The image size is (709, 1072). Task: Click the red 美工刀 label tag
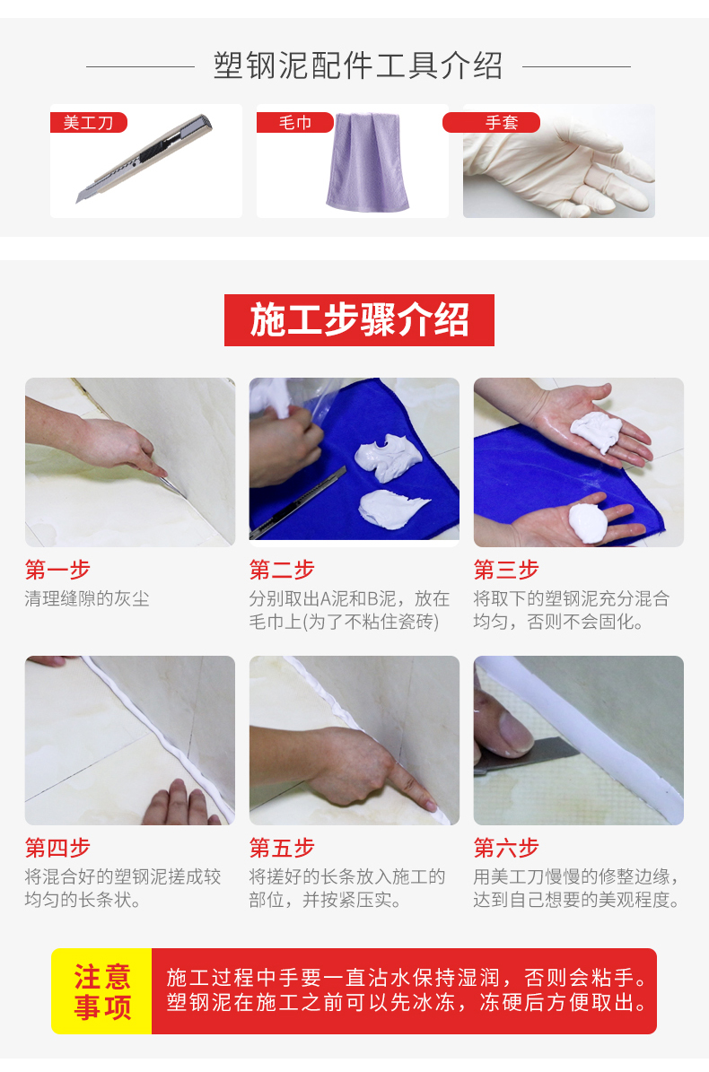point(89,122)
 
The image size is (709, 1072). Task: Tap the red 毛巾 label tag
point(294,122)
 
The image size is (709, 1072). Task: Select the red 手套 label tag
point(491,122)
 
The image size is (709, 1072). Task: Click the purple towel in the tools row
point(367,162)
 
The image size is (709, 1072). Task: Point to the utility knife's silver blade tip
point(78,199)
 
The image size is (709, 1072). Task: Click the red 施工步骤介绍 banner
point(359,320)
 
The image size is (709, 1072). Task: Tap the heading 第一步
point(57,569)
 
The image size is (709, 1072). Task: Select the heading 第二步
point(282,569)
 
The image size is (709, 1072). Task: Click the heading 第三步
point(506,569)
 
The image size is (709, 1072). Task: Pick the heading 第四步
point(57,847)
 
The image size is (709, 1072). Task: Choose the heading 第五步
point(282,847)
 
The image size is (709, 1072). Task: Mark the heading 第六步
point(506,847)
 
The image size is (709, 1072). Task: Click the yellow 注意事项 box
point(102,990)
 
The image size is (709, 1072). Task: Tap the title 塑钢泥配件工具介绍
point(358,66)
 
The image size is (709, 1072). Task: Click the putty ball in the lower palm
point(587,523)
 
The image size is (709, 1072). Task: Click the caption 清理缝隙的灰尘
point(87,598)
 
